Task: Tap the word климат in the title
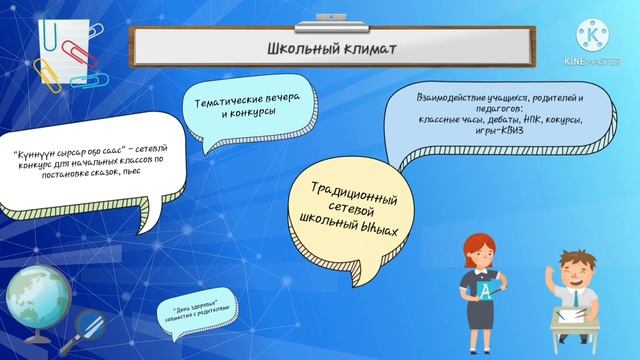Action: tap(369, 47)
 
